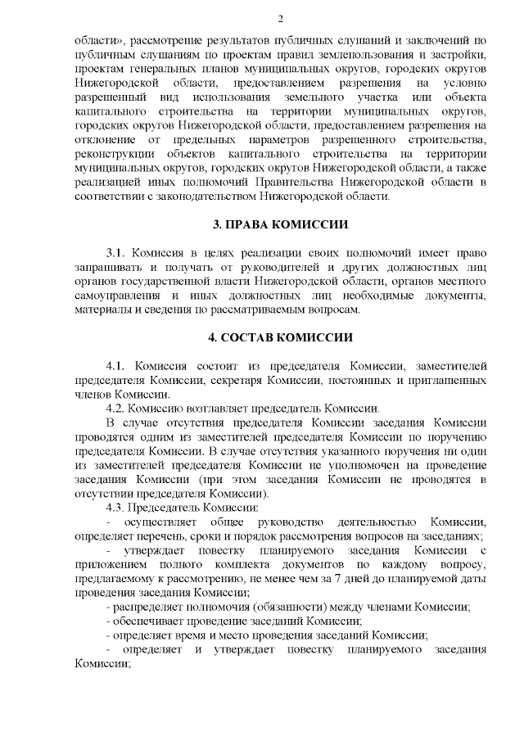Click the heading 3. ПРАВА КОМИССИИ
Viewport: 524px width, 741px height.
pos(280,224)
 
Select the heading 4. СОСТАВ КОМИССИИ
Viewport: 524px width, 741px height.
pos(280,337)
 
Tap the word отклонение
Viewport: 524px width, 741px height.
pos(102,139)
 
